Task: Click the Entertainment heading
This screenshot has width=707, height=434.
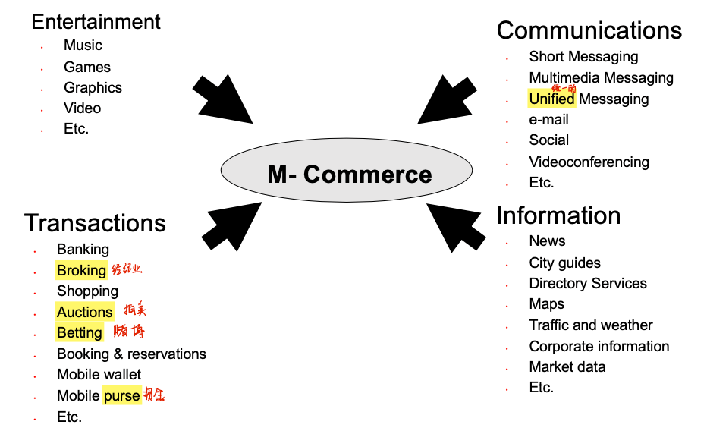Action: click(x=96, y=21)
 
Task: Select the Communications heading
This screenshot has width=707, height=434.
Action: click(x=589, y=30)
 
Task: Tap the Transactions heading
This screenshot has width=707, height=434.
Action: click(x=95, y=223)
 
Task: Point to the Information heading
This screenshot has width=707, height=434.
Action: click(x=558, y=215)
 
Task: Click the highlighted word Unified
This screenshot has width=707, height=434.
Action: click(x=551, y=99)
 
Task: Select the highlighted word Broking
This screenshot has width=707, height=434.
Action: click(x=81, y=270)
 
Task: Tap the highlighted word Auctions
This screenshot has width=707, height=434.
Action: click(x=84, y=312)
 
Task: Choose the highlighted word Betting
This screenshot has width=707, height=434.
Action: click(x=79, y=332)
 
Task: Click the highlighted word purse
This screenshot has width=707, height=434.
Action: click(x=121, y=395)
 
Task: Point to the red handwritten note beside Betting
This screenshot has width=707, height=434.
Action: click(x=128, y=331)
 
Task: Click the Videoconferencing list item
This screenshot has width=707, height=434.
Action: click(x=589, y=162)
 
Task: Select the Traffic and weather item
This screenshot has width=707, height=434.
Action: click(x=590, y=325)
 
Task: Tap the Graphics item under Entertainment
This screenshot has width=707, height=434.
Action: click(x=93, y=87)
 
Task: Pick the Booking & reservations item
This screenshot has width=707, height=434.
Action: click(x=131, y=354)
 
